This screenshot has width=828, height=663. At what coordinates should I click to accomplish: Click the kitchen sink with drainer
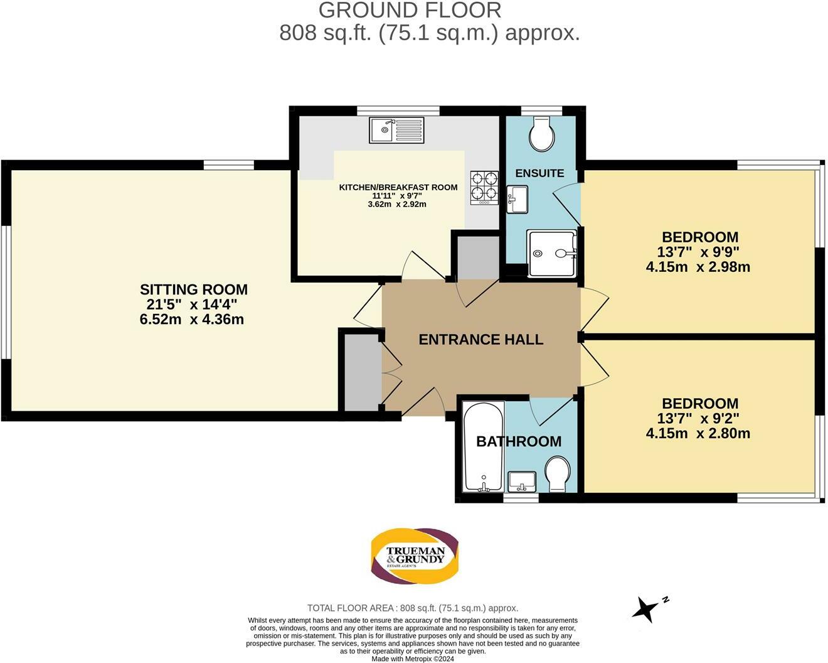pyautogui.click(x=396, y=130)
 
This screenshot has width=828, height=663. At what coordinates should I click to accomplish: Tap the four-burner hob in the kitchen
pyautogui.click(x=484, y=188)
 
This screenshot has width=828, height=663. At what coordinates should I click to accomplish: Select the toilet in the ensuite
pyautogui.click(x=542, y=134)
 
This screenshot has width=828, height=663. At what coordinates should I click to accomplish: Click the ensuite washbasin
pyautogui.click(x=517, y=199)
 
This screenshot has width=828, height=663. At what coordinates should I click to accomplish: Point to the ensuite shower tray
pyautogui.click(x=552, y=253)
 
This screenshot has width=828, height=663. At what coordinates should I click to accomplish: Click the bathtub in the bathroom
pyautogui.click(x=483, y=447)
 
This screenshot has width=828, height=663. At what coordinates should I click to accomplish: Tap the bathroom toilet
pyautogui.click(x=557, y=474)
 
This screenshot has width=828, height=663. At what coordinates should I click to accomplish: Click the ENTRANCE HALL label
pyautogui.click(x=481, y=340)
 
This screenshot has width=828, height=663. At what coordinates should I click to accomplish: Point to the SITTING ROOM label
pyautogui.click(x=194, y=289)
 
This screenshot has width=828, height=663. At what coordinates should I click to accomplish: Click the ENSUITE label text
pyautogui.click(x=539, y=173)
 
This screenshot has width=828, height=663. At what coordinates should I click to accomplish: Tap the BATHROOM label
pyautogui.click(x=519, y=441)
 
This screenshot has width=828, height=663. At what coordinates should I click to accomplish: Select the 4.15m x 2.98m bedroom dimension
pyautogui.click(x=698, y=267)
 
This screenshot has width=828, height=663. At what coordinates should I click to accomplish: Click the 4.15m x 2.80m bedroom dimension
pyautogui.click(x=698, y=433)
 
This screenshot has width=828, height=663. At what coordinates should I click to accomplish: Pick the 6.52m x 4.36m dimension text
pyautogui.click(x=191, y=320)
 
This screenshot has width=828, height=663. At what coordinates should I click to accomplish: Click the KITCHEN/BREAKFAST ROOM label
pyautogui.click(x=398, y=188)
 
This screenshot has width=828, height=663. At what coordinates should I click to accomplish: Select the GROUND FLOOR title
pyautogui.click(x=410, y=11)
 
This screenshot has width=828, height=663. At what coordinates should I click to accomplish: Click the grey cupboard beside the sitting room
pyautogui.click(x=362, y=372)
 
